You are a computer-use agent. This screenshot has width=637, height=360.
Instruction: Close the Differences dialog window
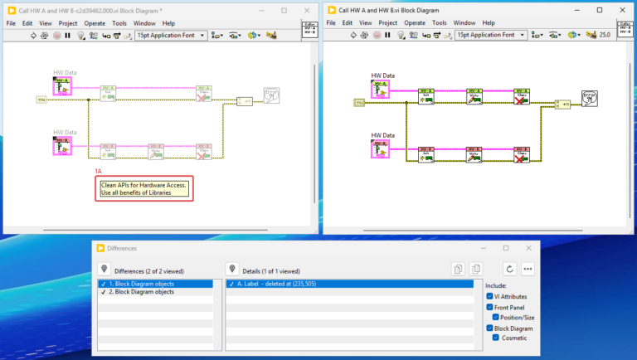[x=528, y=247]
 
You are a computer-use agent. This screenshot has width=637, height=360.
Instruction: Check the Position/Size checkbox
[x=497, y=317]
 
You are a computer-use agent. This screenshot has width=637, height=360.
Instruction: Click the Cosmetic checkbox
[x=497, y=338]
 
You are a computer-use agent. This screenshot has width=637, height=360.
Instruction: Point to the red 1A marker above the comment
[x=99, y=171]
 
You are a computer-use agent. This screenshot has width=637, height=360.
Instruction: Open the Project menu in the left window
[x=67, y=23]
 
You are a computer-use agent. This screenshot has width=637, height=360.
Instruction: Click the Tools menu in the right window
[x=439, y=23]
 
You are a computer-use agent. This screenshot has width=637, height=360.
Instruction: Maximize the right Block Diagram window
[x=600, y=10]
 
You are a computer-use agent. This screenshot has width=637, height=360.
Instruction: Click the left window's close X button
[x=305, y=10]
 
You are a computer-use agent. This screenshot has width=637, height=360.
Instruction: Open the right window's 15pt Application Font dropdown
[x=490, y=35]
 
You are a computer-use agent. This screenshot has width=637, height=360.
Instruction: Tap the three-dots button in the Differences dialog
[x=528, y=269]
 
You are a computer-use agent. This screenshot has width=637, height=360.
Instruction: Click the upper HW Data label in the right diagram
[x=382, y=75]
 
